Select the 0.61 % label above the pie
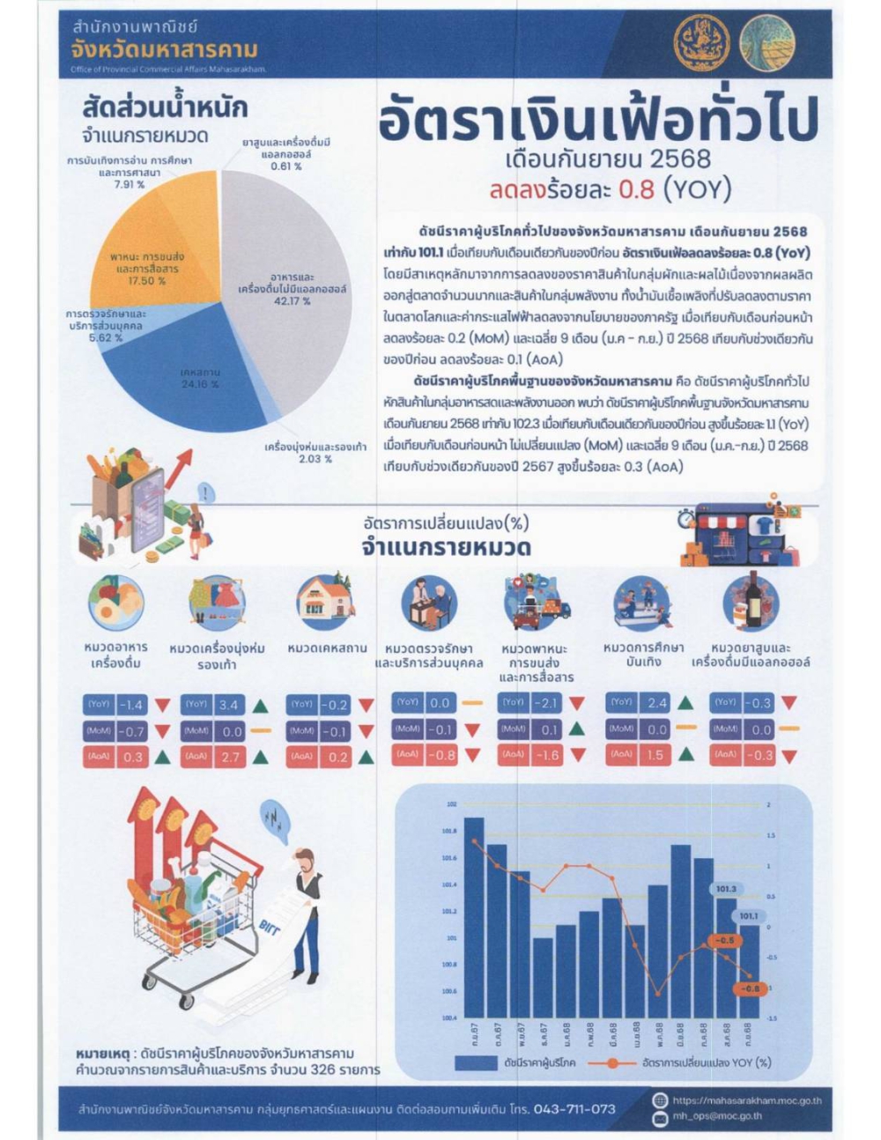pos(285,166)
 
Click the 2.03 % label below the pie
pos(315,459)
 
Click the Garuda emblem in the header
pos(700,44)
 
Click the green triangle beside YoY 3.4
pos(260,705)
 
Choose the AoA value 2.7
pos(230,757)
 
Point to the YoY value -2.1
pos(547,703)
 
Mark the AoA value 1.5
pos(655,755)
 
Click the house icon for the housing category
pos(326,601)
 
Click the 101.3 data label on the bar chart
pos(726,889)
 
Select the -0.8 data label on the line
pos(750,988)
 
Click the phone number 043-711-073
pos(574,1109)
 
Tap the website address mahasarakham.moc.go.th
pos(747,1100)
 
